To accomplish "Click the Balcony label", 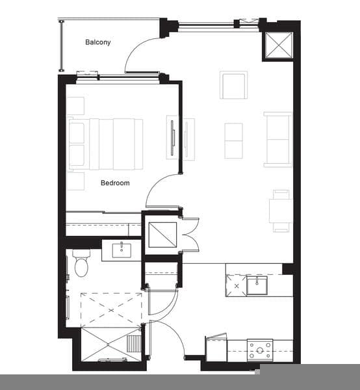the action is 97,42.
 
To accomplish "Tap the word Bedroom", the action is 115,183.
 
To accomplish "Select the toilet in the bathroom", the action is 81,263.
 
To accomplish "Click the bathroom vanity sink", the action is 122,250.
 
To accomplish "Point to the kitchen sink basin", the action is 257,285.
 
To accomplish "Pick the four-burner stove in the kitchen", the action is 260,350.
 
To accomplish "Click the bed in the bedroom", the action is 106,144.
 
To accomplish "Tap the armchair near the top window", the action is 233,84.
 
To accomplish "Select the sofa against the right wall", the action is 277,139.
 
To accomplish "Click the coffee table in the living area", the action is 233,141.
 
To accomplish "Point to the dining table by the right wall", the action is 281,211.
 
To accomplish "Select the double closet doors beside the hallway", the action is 190,235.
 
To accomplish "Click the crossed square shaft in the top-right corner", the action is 278,45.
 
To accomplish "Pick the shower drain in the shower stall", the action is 108,344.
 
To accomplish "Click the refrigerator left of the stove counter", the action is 216,348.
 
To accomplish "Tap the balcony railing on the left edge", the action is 62,46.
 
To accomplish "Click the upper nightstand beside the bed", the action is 75,106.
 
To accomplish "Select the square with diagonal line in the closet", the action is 162,235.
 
